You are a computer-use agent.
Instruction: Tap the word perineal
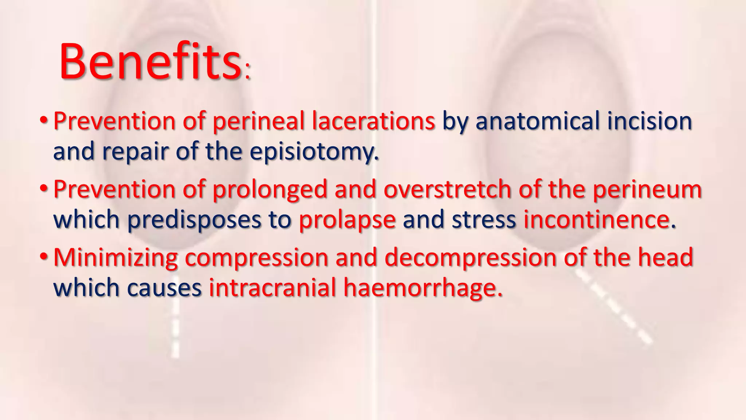coord(258,121)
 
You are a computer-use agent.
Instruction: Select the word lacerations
coord(373,121)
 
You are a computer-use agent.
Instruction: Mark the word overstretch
coord(447,190)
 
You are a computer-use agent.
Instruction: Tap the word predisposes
coord(194,220)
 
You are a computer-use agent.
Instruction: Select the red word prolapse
coord(347,220)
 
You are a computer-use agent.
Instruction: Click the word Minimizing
coord(115,258)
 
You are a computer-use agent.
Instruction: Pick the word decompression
coord(470,258)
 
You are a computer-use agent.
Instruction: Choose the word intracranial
coord(272,288)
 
